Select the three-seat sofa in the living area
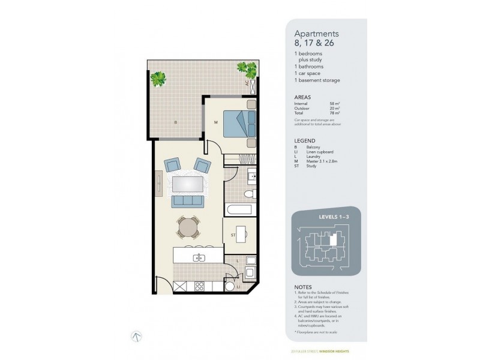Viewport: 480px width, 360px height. point(188,202)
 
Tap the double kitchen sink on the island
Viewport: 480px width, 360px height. point(197,258)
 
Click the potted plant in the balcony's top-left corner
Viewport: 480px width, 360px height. point(158,78)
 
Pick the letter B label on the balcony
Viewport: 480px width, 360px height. point(175,122)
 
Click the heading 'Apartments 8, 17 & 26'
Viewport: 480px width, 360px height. point(316,38)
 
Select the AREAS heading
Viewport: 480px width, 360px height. point(302,96)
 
